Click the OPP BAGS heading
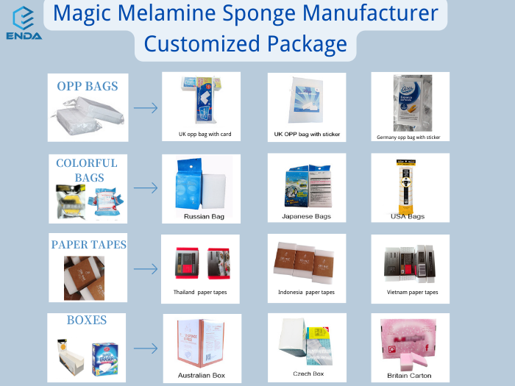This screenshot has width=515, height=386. point(87,86)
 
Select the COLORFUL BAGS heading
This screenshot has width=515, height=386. point(87,170)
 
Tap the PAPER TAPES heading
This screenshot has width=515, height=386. point(88,244)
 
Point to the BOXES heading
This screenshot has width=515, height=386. point(87,320)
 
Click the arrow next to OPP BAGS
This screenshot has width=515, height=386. point(146,108)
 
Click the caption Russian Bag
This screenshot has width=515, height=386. point(204,216)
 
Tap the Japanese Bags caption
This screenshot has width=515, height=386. point(306,216)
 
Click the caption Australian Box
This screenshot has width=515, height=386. point(200,375)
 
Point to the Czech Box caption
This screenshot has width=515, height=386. point(308,374)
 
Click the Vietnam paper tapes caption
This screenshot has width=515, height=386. point(412,292)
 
